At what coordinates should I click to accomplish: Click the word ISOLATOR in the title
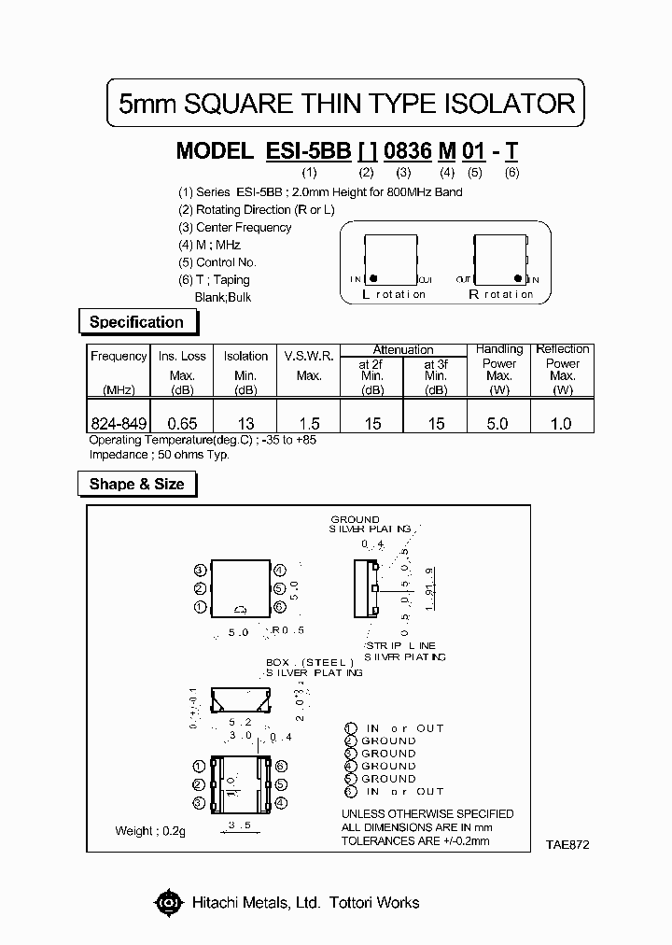point(504,104)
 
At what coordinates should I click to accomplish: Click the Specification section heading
point(136,322)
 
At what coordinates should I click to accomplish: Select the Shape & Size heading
point(136,484)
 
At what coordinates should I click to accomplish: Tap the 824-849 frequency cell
point(119,423)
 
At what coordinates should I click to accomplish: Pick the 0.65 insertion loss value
point(181,423)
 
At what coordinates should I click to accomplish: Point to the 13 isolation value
point(245,423)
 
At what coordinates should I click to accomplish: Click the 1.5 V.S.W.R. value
point(309,423)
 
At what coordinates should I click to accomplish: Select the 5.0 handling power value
point(498,423)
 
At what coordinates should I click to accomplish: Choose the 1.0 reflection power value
point(561,423)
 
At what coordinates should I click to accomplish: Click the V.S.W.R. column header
point(309,356)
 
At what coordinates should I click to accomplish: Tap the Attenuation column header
point(403,349)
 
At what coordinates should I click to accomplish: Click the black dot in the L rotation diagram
point(372,278)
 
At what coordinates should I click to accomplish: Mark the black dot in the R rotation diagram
point(519,278)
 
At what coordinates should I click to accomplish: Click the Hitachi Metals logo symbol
point(168,902)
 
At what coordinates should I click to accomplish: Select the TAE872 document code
point(567,843)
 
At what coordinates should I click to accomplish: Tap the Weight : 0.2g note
point(150,830)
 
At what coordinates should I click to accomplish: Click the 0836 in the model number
point(407,150)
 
